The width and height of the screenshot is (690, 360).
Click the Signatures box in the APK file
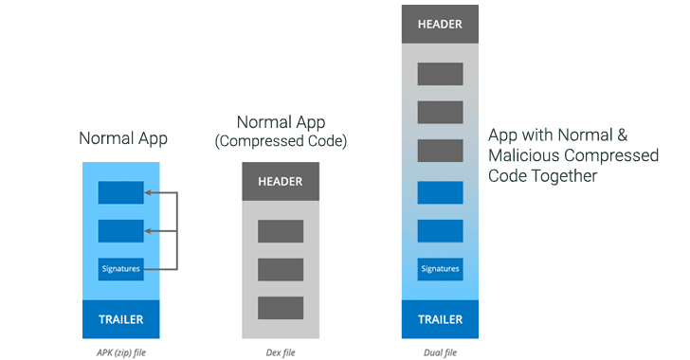[x=121, y=269]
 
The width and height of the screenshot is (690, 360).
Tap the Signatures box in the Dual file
[x=440, y=269]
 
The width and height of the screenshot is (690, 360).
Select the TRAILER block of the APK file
[x=121, y=319]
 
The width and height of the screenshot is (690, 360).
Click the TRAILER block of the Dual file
[x=440, y=319]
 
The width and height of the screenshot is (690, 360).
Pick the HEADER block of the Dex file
[x=281, y=181]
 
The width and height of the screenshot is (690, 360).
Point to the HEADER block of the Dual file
[x=440, y=25]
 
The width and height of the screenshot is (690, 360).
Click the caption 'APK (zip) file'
[x=121, y=352]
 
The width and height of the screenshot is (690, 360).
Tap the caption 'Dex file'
[x=281, y=352]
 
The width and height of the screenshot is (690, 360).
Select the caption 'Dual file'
[x=440, y=352]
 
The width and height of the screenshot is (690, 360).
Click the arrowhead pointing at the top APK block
[x=148, y=192]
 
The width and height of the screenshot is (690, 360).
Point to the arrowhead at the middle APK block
[x=148, y=230]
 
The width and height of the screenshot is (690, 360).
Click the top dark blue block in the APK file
[x=121, y=192]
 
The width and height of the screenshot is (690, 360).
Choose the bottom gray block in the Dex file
[x=281, y=308]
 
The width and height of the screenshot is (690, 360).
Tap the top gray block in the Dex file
[x=281, y=231]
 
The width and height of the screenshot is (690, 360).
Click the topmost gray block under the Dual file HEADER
[x=440, y=74]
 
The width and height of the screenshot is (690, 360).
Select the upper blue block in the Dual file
[x=440, y=192]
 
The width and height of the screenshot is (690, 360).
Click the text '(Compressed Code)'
[x=281, y=141]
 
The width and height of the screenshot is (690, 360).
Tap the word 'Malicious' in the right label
[x=524, y=155]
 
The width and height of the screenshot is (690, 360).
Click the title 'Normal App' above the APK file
[x=123, y=138]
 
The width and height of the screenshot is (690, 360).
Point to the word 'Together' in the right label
[x=565, y=176]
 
